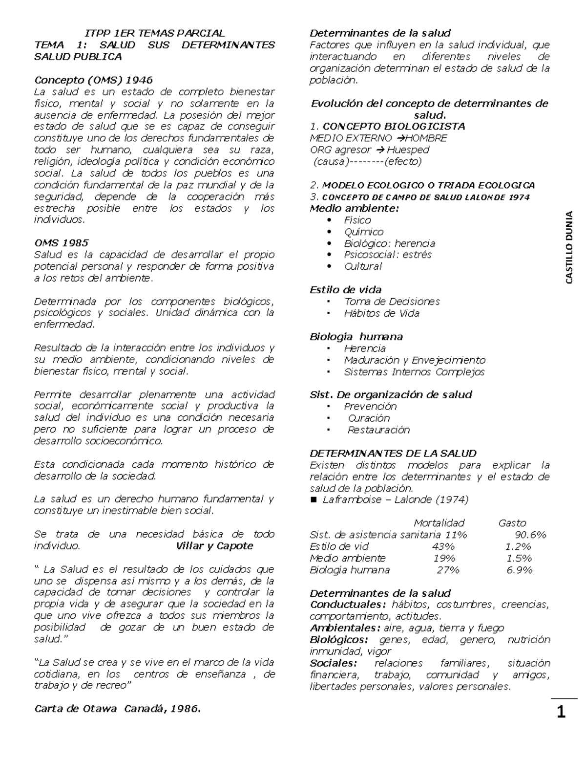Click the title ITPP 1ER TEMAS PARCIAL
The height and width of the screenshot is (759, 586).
pos(154,33)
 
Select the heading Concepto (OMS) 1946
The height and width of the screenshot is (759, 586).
pos(93,80)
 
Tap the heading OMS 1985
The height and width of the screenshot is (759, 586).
pos(61,243)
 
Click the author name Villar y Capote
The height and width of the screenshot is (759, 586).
pos(214,546)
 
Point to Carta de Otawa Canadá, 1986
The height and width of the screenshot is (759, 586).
pos(117,709)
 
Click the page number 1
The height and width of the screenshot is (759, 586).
pos(561,712)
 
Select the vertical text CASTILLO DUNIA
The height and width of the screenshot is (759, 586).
pos(569,247)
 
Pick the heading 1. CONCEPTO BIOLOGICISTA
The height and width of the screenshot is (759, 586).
pos(387,127)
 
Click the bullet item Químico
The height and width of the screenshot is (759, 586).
pos(364,232)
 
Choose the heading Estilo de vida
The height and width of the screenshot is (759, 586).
pos(346,290)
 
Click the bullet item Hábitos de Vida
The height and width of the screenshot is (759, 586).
pos(381,313)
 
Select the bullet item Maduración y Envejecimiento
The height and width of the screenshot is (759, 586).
pos(415,360)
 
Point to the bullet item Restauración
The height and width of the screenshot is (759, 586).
pos(378,430)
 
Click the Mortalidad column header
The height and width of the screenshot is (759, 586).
pos(439,523)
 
